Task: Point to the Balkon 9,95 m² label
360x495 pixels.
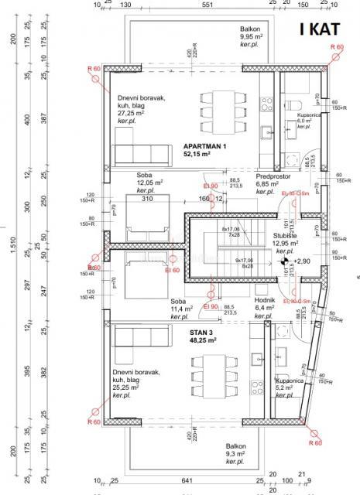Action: [255, 36]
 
